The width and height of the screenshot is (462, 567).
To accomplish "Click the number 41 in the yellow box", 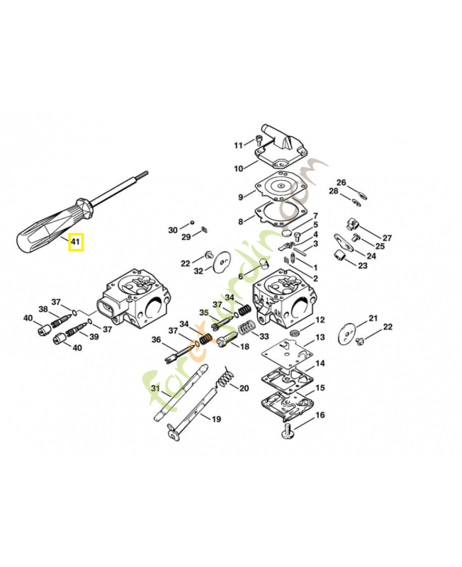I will [x=76, y=243].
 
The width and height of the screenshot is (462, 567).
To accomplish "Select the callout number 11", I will [x=239, y=145].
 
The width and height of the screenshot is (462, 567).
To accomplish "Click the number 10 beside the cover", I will [x=239, y=169].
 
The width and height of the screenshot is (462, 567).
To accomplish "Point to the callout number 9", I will [x=241, y=196].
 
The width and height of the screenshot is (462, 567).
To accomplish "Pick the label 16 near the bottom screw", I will [x=320, y=415].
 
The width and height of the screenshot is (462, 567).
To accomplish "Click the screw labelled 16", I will [x=290, y=430].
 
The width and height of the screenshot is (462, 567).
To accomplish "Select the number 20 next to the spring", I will [x=244, y=388].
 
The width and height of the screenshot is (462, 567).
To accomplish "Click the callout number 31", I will [x=156, y=387].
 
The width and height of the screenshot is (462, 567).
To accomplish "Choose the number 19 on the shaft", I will [x=215, y=419].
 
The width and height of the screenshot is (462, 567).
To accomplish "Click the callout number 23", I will [x=363, y=266].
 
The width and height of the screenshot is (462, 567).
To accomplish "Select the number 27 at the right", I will [x=387, y=237].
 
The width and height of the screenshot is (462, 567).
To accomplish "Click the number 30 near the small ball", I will [x=173, y=230].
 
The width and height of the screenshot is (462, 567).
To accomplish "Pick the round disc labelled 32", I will [x=221, y=259].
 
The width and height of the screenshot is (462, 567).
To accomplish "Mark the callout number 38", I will [x=43, y=309].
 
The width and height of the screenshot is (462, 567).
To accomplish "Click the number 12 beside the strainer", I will [x=320, y=320].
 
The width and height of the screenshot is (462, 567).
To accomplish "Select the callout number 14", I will [x=320, y=364].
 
